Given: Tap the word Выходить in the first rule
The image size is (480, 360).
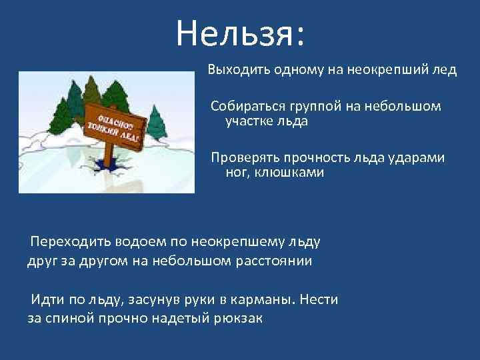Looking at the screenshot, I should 233,71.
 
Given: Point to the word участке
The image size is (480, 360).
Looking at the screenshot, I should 249,121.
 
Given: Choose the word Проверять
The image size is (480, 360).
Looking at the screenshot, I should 243,158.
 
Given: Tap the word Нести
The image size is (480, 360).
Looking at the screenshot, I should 319,299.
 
